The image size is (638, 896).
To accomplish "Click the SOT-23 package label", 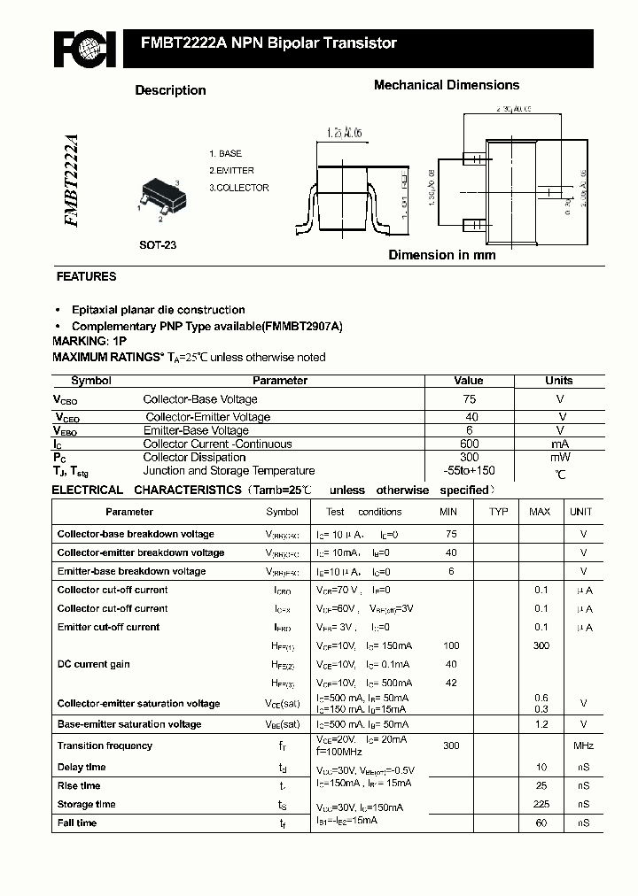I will (158, 245).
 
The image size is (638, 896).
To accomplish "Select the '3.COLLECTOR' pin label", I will (238, 188).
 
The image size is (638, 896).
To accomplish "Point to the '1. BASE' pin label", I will (225, 153).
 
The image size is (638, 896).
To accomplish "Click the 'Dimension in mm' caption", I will (442, 255).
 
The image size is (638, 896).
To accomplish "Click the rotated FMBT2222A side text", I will (71, 182).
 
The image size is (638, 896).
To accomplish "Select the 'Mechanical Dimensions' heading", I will (446, 85).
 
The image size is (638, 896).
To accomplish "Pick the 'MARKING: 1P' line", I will (89, 341).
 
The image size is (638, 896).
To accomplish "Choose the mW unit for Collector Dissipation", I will (560, 457).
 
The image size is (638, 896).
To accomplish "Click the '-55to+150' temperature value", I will (469, 471).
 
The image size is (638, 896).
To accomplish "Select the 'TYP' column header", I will (499, 512).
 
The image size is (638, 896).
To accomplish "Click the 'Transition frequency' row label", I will (105, 745).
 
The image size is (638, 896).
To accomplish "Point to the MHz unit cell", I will (582, 745).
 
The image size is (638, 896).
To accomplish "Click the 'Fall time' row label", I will (77, 823).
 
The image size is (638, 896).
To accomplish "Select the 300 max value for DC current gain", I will (541, 645).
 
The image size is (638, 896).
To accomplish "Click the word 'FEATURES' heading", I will (86, 276).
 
